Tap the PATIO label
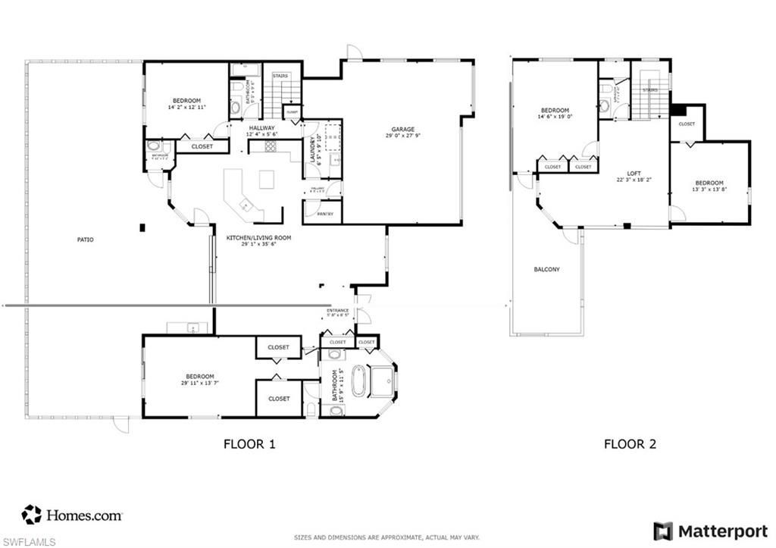pyautogui.click(x=86, y=240)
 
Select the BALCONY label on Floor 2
pyautogui.click(x=546, y=269)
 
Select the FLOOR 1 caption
pyautogui.click(x=249, y=444)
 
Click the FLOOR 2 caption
pyautogui.click(x=629, y=444)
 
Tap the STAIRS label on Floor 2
pyautogui.click(x=649, y=90)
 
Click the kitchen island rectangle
pyautogui.click(x=267, y=180)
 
